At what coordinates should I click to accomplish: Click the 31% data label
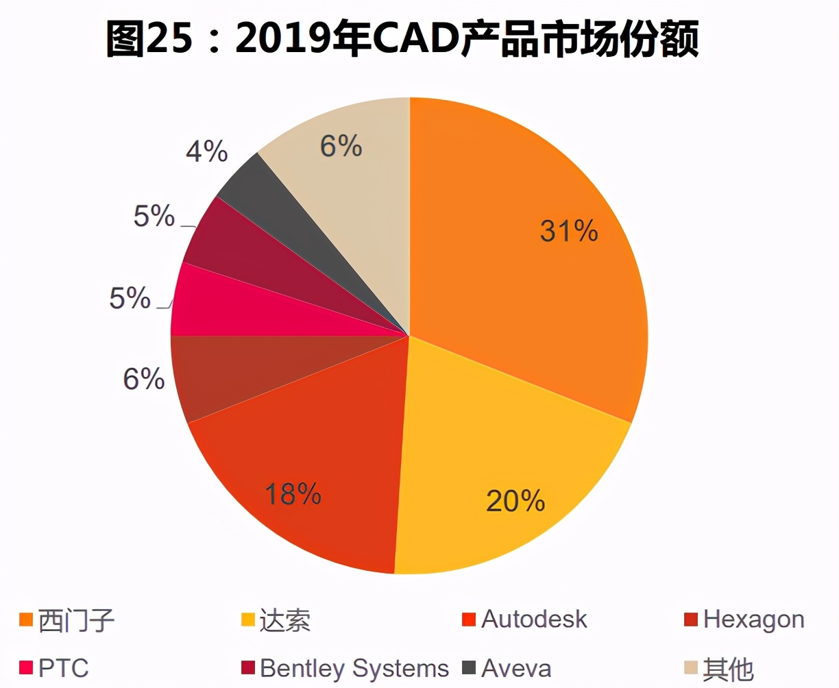pyautogui.click(x=569, y=232)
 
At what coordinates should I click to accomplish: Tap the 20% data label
pyautogui.click(x=515, y=501)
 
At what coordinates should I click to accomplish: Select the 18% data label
pyautogui.click(x=293, y=493)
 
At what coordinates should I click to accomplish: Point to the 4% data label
pyautogui.click(x=206, y=151)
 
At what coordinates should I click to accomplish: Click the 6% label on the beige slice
pyautogui.click(x=341, y=146)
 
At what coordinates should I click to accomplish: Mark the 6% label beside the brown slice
pyautogui.click(x=144, y=378)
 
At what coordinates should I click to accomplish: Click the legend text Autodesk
pyautogui.click(x=534, y=619)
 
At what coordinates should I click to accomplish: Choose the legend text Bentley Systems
pyautogui.click(x=354, y=668)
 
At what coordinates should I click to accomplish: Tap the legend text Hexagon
pyautogui.click(x=753, y=619)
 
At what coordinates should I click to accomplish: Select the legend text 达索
pyautogui.click(x=284, y=620)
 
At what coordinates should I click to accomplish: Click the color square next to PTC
pyautogui.click(x=26, y=668)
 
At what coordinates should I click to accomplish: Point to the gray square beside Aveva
pyautogui.click(x=469, y=668)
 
